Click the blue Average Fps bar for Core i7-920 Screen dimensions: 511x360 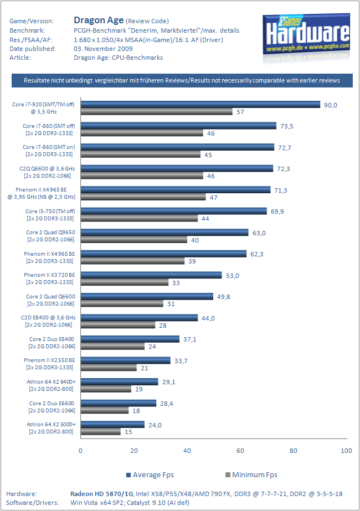(200, 104)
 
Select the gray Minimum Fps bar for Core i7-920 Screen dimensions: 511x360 (157, 112)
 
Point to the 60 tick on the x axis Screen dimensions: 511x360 (240, 451)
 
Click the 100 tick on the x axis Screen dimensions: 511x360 (346, 451)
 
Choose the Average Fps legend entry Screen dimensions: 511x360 (150, 474)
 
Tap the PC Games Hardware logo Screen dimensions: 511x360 (308, 34)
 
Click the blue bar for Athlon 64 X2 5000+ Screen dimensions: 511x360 (112, 424)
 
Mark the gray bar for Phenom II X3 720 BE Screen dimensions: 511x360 (125, 282)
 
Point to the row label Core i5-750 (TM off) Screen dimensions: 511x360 (50, 211)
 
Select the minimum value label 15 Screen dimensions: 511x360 (127, 432)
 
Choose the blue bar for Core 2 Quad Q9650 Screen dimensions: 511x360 (164, 232)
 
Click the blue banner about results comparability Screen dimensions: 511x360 (182, 81)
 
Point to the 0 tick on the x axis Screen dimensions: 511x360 (81, 451)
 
